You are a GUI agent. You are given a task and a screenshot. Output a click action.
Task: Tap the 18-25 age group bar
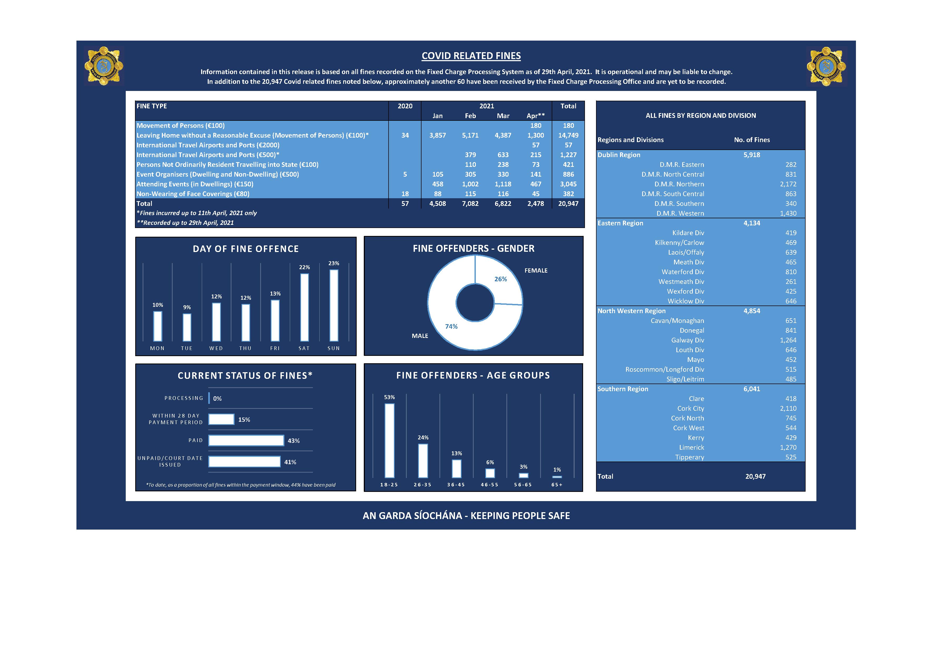click(390, 440)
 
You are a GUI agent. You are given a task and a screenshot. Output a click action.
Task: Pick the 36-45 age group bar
click(457, 469)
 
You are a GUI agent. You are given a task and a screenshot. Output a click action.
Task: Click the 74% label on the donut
click(451, 326)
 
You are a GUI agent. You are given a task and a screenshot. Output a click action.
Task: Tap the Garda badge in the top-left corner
click(104, 66)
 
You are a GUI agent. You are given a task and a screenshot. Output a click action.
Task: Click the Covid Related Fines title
click(471, 56)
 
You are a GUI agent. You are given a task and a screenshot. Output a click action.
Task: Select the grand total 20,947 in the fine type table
click(568, 204)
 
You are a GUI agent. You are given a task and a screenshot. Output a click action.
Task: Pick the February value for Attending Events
click(470, 184)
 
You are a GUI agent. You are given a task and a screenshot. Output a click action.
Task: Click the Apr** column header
click(535, 116)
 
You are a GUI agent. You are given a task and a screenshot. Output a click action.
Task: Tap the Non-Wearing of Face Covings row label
click(193, 194)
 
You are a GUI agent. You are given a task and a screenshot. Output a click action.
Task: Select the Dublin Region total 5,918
click(751, 155)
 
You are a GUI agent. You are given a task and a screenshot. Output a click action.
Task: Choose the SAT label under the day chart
click(304, 348)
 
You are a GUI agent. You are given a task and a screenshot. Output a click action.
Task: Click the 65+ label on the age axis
click(557, 485)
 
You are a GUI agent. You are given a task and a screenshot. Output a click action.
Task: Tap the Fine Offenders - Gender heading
click(473, 249)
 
